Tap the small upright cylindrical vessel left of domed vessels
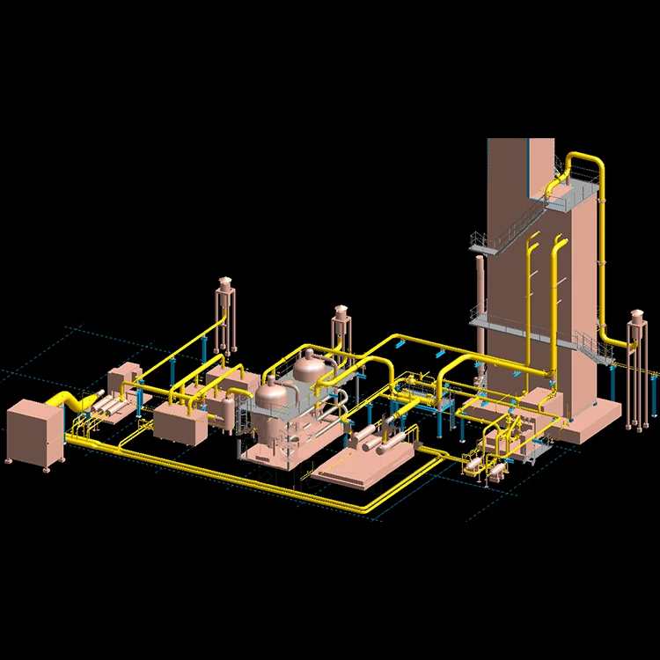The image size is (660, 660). [x=229, y=413]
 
